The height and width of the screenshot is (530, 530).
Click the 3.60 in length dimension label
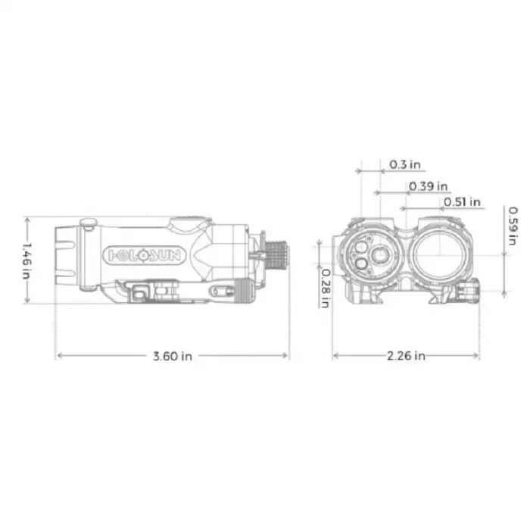[173, 356]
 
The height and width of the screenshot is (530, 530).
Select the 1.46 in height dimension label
[27, 260]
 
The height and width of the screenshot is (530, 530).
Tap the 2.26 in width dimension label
[406, 356]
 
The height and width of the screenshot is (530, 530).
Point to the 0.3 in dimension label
[405, 164]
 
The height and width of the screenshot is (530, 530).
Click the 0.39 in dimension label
[429, 186]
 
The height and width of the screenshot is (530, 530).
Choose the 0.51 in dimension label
[462, 202]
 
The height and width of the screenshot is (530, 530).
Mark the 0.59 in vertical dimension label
[513, 226]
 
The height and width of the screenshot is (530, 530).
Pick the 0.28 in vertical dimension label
[325, 288]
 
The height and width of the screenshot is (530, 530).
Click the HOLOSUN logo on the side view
[145, 255]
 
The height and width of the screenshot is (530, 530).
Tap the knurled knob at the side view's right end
[276, 255]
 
